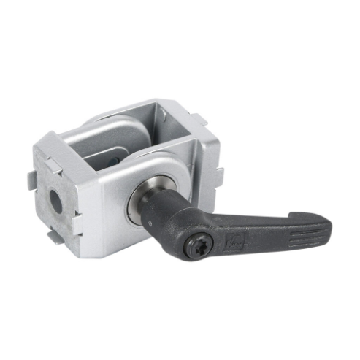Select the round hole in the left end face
[x=57, y=202]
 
